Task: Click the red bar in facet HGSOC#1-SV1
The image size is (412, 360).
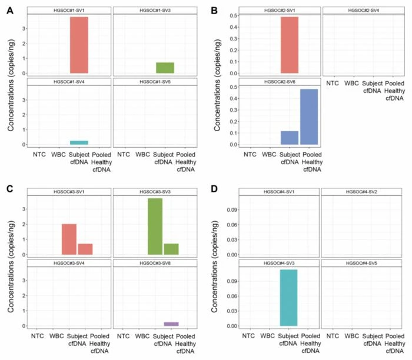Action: pos(79,45)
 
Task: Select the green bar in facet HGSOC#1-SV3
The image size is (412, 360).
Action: pos(165,68)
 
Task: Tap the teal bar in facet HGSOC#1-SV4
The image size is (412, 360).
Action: pos(79,142)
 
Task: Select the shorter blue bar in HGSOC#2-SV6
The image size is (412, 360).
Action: pos(289,138)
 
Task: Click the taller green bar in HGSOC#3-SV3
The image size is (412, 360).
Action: pos(155,226)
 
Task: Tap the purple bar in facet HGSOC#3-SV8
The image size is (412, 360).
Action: pos(171,324)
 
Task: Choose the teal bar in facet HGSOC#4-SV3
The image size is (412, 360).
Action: pos(288,298)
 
